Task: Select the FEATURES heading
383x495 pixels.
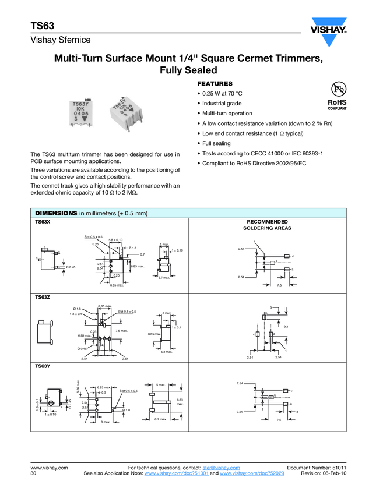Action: click(215, 84)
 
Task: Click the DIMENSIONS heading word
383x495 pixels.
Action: click(56, 213)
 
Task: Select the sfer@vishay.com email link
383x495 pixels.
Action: click(221, 468)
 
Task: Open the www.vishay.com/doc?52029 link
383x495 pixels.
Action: click(252, 474)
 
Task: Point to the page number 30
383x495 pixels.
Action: click(33, 474)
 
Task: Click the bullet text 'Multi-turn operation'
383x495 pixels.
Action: click(227, 113)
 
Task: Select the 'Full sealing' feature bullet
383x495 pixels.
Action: click(216, 143)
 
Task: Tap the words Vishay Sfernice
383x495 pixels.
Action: click(61, 40)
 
